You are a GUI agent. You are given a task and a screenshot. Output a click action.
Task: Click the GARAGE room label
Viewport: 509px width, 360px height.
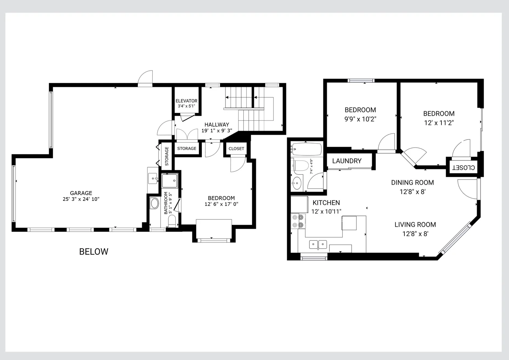point(81,193)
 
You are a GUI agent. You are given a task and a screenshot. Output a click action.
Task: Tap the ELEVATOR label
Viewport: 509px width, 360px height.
point(186,101)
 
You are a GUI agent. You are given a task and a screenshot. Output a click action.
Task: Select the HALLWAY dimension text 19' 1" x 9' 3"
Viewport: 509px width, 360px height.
point(217,130)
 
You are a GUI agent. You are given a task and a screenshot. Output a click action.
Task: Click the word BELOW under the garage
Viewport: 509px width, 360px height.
point(94,251)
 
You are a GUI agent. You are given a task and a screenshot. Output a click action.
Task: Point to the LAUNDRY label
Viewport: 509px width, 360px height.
point(347,161)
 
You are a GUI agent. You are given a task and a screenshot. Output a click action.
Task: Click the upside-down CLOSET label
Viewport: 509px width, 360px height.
point(464,168)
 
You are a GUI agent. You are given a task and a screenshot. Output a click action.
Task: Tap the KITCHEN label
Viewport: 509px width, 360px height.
point(326,203)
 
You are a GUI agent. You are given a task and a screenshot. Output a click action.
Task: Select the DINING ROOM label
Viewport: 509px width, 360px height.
point(412,183)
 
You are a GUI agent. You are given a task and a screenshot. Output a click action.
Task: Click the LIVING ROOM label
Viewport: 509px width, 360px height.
point(415,225)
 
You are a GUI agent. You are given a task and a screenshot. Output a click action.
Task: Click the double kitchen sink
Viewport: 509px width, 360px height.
point(318,245)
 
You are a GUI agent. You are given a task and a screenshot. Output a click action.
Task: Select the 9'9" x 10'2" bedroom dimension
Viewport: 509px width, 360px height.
point(360,119)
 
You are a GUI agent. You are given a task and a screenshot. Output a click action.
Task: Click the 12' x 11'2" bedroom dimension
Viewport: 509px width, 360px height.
point(439,123)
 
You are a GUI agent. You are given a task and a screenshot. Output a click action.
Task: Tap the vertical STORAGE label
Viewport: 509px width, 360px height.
point(167,156)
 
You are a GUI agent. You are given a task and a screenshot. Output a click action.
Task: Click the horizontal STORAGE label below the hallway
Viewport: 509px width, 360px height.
point(187,148)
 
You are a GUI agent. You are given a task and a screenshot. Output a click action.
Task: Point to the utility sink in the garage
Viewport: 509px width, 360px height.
point(153,178)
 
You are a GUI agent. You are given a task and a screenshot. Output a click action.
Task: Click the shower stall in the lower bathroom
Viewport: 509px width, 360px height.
point(170,181)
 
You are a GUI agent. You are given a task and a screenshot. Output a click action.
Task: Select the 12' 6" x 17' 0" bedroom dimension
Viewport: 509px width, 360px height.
point(221,204)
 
